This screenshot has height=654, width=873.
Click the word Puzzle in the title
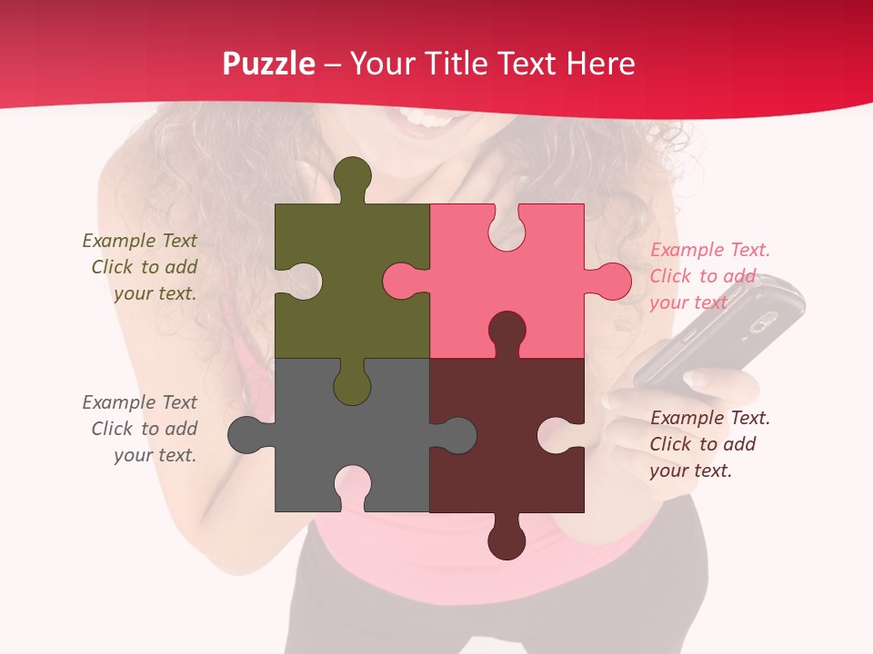(268, 64)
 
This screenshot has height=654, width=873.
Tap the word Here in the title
(600, 64)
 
